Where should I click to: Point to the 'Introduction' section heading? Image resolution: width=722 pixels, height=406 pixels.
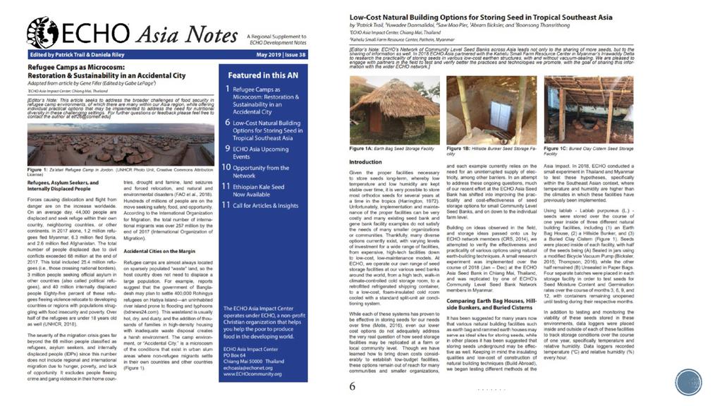click(366, 162)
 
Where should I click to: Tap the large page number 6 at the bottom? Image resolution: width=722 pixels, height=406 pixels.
click(353, 386)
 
